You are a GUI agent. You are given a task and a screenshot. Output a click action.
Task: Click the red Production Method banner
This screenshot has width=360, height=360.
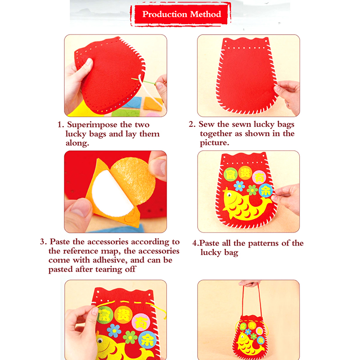181,14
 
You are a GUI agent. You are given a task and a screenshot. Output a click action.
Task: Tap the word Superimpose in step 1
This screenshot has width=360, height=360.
92,125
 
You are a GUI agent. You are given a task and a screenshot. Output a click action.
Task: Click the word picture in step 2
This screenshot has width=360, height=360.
215,143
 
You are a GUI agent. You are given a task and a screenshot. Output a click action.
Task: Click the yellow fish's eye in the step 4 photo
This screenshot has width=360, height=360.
229,195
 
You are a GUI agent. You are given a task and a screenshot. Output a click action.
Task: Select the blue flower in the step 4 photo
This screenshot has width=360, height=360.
239,186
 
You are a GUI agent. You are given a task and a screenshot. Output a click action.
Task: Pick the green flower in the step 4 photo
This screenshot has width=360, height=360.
252,190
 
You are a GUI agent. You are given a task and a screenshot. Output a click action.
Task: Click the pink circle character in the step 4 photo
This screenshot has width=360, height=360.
259,177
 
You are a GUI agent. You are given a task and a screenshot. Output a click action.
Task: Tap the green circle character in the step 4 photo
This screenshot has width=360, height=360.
230,175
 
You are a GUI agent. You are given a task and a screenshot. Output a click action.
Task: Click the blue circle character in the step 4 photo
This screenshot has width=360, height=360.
265,190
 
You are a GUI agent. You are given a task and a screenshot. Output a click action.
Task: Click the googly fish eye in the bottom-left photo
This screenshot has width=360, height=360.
99,341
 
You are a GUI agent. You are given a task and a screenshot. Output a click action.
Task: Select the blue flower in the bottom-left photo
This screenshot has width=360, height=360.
114,331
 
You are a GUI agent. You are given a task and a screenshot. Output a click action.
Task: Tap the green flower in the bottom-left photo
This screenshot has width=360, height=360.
130,337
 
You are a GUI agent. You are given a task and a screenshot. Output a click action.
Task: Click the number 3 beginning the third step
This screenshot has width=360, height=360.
42,242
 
